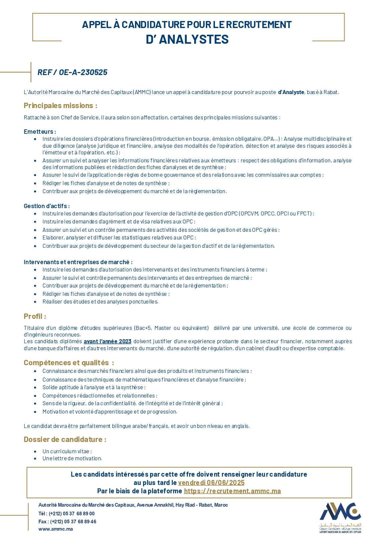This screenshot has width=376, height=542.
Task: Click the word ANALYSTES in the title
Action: click(x=194, y=39)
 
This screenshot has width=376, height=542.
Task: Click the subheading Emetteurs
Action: click(x=40, y=132)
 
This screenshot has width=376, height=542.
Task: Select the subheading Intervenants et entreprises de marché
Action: click(x=78, y=262)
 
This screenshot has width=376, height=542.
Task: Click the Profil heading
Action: click(x=35, y=317)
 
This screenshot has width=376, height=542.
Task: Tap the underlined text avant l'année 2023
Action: click(x=107, y=341)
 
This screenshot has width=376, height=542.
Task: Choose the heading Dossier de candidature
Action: click(x=65, y=440)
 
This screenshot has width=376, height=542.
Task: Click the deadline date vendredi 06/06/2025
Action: click(x=211, y=483)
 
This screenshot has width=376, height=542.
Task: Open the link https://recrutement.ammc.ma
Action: click(x=232, y=491)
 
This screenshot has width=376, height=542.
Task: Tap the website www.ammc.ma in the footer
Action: click(x=55, y=529)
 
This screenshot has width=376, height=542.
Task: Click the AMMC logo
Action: click(x=340, y=517)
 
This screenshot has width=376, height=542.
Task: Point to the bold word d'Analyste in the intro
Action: click(x=291, y=92)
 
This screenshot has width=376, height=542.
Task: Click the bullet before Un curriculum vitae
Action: click(x=35, y=452)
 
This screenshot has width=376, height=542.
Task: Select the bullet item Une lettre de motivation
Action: click(x=72, y=459)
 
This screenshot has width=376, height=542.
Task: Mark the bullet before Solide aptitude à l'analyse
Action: click(x=35, y=388)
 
